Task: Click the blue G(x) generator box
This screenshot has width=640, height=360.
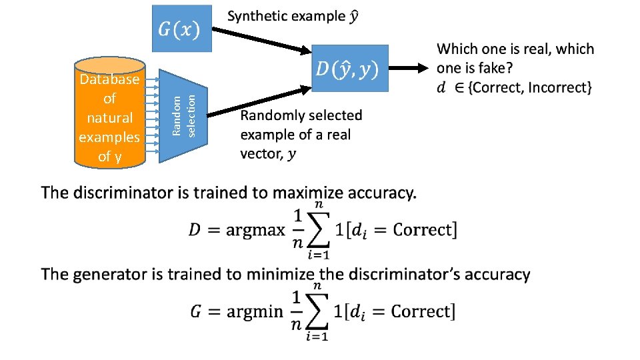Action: tap(182, 29)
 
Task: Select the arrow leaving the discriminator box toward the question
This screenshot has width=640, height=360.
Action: tap(407, 68)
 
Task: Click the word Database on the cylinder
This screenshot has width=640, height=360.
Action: tap(109, 79)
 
